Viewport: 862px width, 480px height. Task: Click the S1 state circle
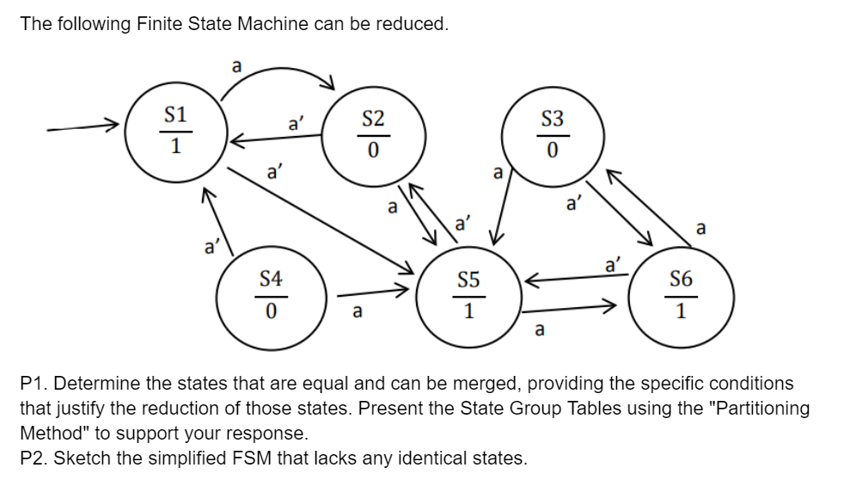point(175,132)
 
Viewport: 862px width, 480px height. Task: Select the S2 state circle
point(373,135)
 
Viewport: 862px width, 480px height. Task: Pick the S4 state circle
point(270,295)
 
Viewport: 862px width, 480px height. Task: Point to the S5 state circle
point(468,295)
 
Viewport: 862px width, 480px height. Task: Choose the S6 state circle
point(681,295)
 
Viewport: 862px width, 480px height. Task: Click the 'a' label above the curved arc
point(237,65)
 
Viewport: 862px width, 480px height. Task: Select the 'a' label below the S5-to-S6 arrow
point(539,329)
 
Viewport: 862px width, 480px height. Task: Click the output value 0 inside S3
point(552,151)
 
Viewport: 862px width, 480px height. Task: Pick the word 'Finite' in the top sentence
point(159,24)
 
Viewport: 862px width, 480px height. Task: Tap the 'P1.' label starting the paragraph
point(34,383)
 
